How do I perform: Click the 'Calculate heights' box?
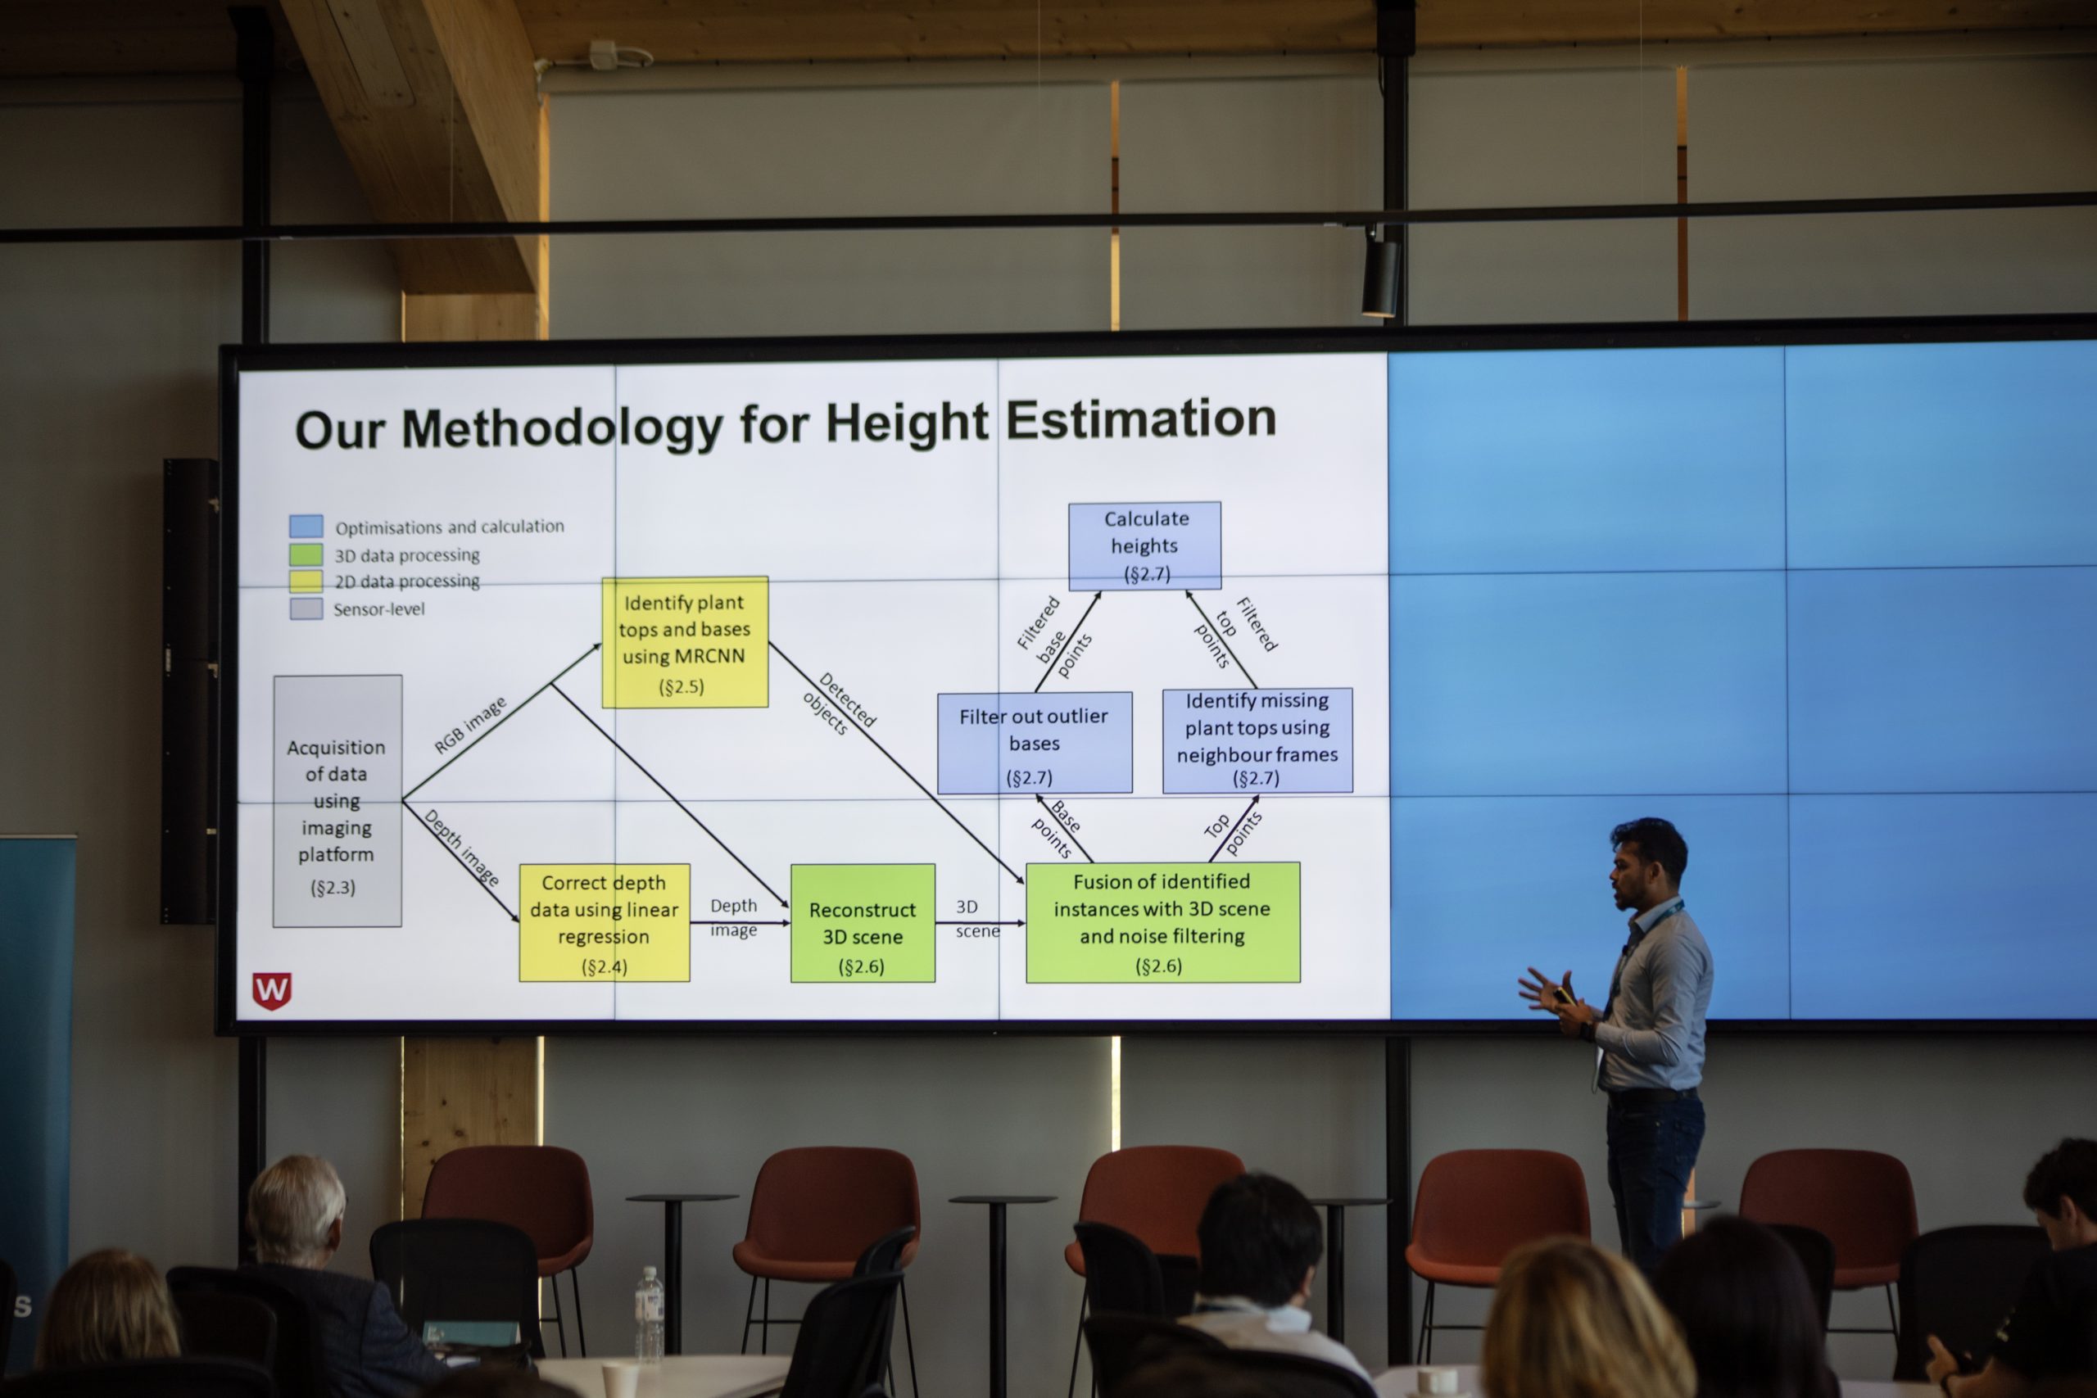1145,545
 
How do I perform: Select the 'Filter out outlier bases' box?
1035,743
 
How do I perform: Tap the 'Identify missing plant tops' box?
1257,740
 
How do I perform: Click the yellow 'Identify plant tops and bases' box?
685,642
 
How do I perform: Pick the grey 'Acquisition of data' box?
337,801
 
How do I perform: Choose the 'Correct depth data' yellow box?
605,923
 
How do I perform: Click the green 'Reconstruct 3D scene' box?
863,923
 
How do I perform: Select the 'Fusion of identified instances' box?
1162,922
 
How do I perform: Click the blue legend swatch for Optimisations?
306,525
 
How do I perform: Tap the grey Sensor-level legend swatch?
306,609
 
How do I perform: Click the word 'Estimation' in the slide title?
1141,418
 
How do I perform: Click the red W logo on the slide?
272,990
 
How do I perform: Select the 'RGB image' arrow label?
470,725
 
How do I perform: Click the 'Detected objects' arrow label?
839,704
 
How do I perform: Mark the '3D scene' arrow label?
977,918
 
